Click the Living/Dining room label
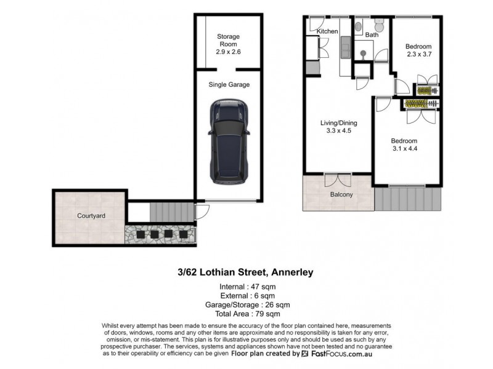[x=338, y=127]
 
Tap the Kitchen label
[x=327, y=31]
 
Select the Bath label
[x=372, y=35]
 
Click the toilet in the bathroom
[x=380, y=26]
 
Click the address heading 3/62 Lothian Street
[x=245, y=271]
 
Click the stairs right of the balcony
[x=408, y=199]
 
